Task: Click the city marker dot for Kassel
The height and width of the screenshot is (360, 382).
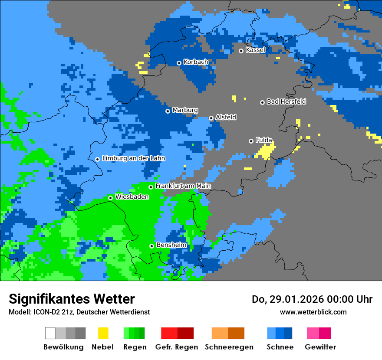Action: tap(241, 51)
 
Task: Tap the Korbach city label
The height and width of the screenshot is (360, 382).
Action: tap(196, 62)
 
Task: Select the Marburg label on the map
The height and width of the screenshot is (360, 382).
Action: tap(185, 110)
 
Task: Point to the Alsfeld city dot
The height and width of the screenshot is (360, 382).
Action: tap(211, 118)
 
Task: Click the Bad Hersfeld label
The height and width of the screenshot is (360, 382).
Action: tap(286, 101)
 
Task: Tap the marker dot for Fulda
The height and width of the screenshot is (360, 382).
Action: tap(251, 141)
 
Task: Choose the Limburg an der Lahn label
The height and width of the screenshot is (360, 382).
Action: tap(133, 158)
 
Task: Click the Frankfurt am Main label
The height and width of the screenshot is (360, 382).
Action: tap(183, 186)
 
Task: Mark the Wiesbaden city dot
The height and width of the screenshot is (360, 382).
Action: tap(110, 198)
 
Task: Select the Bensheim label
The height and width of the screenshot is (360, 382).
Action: tap(171, 245)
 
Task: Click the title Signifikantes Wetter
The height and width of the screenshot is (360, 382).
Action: tap(72, 299)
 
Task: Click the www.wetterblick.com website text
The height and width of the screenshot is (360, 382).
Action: tap(313, 312)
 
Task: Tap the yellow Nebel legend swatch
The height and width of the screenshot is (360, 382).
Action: tap(103, 333)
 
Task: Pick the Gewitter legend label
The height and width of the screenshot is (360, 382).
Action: tap(320, 347)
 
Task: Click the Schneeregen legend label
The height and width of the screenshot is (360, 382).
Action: tap(229, 347)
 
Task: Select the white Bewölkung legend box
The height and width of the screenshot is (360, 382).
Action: tap(50, 333)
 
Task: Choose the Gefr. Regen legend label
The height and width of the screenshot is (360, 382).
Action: tap(177, 347)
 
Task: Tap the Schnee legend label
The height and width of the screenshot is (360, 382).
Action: tap(280, 347)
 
